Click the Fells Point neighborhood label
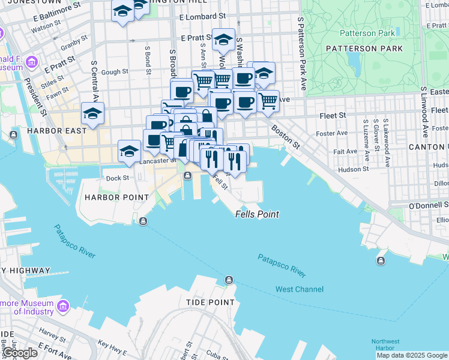point(257,214)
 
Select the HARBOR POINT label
point(116,197)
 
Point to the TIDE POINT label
point(209,302)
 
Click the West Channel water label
point(299,289)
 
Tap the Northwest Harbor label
point(383,344)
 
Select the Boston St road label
point(285,136)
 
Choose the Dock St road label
point(117,178)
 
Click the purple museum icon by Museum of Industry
point(63,308)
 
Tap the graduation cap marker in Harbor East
point(93,113)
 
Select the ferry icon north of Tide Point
point(229,280)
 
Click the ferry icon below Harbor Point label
point(143,221)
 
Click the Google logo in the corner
point(20,353)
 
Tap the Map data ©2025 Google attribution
point(412,355)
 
